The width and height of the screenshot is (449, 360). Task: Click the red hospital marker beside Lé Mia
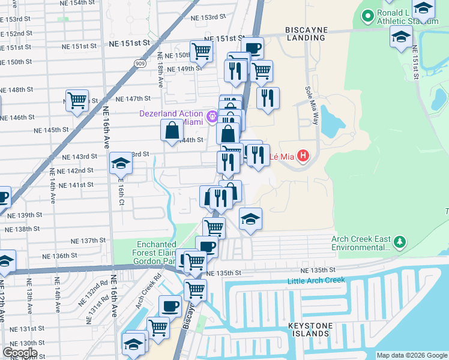click(x=303, y=157)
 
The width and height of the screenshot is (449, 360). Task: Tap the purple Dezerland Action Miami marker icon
click(x=211, y=117)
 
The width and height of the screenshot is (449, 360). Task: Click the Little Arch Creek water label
click(x=316, y=280)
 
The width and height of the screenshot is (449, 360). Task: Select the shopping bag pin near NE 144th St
click(x=172, y=130)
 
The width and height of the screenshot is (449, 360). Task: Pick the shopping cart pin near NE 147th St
click(x=77, y=100)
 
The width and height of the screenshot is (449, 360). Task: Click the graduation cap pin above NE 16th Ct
click(x=121, y=163)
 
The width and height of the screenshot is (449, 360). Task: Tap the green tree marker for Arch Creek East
click(x=399, y=243)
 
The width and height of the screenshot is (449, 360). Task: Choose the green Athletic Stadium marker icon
click(x=367, y=17)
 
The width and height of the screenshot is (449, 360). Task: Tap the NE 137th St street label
click(x=88, y=241)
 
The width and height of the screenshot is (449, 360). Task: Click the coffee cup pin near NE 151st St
click(x=253, y=47)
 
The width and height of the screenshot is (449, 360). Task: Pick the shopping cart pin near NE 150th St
click(x=201, y=51)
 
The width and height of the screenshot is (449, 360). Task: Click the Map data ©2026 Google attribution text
click(x=412, y=355)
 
